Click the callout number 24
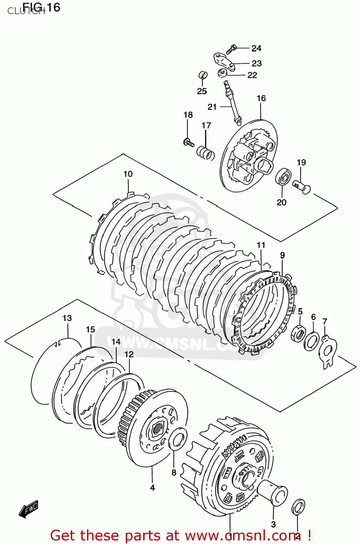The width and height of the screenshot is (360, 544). (256, 48)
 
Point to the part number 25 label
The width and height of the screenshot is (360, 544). (202, 91)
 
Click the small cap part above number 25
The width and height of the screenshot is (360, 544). (203, 75)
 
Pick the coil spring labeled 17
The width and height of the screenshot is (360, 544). (206, 152)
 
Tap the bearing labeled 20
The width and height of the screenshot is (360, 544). (283, 177)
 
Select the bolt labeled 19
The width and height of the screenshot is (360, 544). (302, 187)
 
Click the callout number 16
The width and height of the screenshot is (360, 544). (261, 98)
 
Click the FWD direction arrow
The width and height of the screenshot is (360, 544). (29, 510)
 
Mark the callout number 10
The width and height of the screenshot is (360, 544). (128, 174)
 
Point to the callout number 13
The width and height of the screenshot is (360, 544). (67, 318)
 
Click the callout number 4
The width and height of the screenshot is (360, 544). (152, 488)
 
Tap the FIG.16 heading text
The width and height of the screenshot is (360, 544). (41, 7)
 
